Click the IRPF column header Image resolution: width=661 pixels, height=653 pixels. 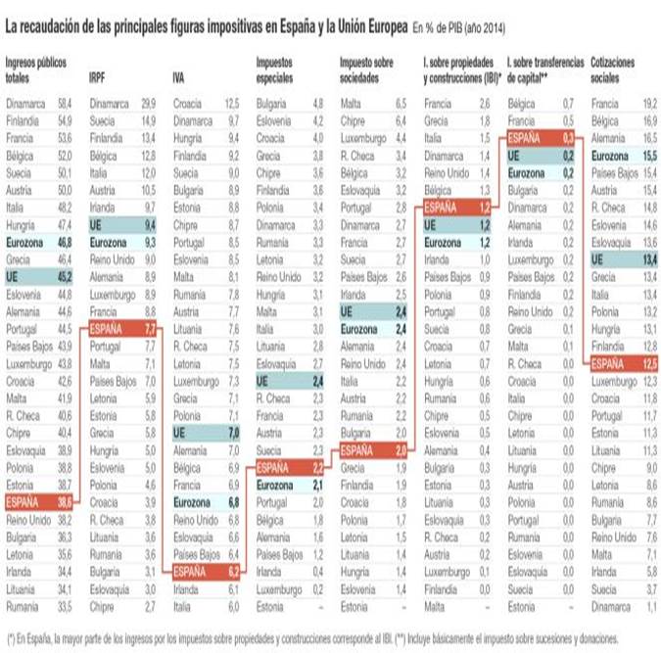98,75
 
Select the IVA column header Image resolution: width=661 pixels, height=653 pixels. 179,75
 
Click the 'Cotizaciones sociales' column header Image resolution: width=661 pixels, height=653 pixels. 613,68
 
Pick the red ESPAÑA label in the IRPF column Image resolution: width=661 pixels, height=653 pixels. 107,330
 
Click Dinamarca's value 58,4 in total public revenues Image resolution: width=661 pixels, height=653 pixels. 66,103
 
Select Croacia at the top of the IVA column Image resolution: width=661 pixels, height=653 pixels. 187,103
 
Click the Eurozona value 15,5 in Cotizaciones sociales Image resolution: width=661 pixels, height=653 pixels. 648,156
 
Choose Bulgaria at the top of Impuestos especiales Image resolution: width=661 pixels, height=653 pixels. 271,103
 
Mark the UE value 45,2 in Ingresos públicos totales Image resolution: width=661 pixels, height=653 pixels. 66,277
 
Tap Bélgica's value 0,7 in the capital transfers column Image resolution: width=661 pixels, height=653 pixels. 568,103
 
